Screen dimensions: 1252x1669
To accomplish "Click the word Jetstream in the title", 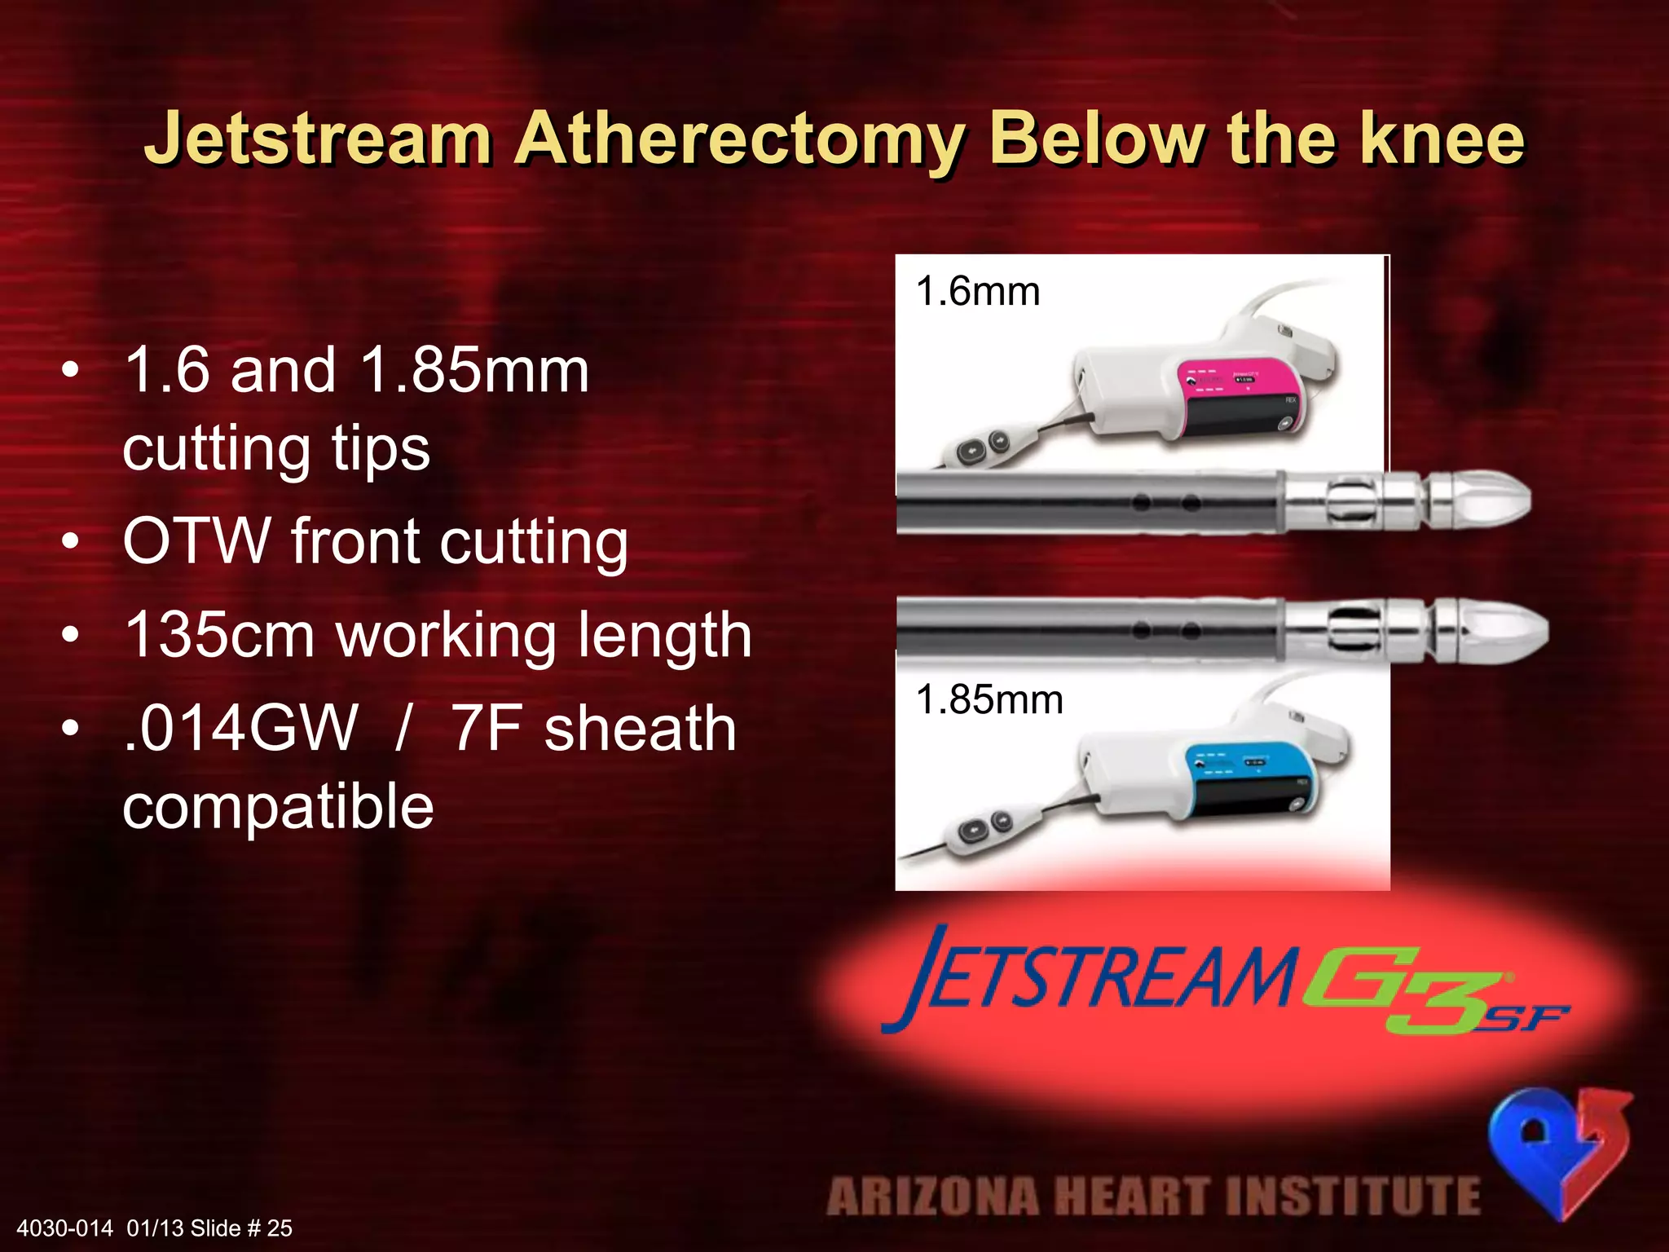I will click(x=318, y=139).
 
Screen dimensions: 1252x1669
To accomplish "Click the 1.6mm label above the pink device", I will click(x=978, y=292).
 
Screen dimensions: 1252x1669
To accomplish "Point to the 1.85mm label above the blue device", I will click(x=989, y=700).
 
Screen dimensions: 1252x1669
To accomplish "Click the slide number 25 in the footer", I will click(x=280, y=1228).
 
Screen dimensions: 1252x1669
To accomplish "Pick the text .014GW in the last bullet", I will click(x=241, y=728).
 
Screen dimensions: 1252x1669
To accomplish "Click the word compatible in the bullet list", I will click(x=278, y=805).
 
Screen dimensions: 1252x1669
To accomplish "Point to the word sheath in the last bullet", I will click(x=641, y=728).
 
